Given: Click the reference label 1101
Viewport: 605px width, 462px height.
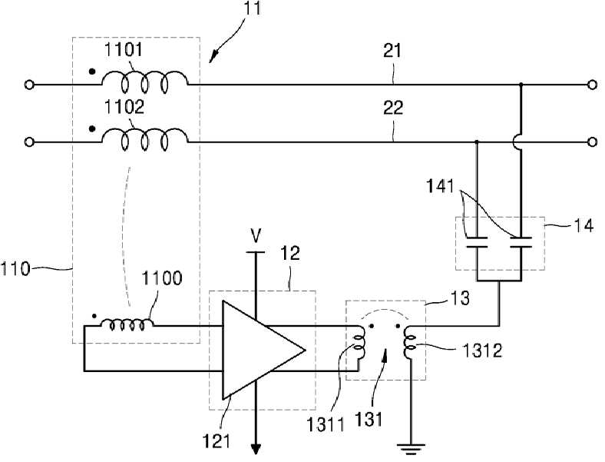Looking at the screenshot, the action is click(124, 50).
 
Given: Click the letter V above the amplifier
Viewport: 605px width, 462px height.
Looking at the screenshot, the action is click(256, 236).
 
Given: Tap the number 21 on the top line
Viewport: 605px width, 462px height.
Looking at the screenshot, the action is click(392, 51).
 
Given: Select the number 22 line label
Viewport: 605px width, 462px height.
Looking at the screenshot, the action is click(393, 108).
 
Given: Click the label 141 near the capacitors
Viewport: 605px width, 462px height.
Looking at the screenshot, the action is click(440, 187).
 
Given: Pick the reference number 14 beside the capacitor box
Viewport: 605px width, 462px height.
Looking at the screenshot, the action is click(584, 225).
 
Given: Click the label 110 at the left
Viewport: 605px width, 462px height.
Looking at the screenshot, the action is click(15, 269).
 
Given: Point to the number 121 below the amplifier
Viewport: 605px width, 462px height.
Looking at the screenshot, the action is click(217, 440).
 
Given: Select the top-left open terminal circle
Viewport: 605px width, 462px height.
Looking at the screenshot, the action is click(29, 85).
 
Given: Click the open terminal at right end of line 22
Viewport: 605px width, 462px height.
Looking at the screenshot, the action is click(592, 142).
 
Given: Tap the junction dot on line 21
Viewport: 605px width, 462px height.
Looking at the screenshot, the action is click(521, 85).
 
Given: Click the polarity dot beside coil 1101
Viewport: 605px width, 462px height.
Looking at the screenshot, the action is click(92, 71).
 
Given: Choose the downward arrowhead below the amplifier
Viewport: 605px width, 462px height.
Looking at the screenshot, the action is click(256, 449).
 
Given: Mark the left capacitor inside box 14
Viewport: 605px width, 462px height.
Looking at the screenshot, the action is click(477, 242).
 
